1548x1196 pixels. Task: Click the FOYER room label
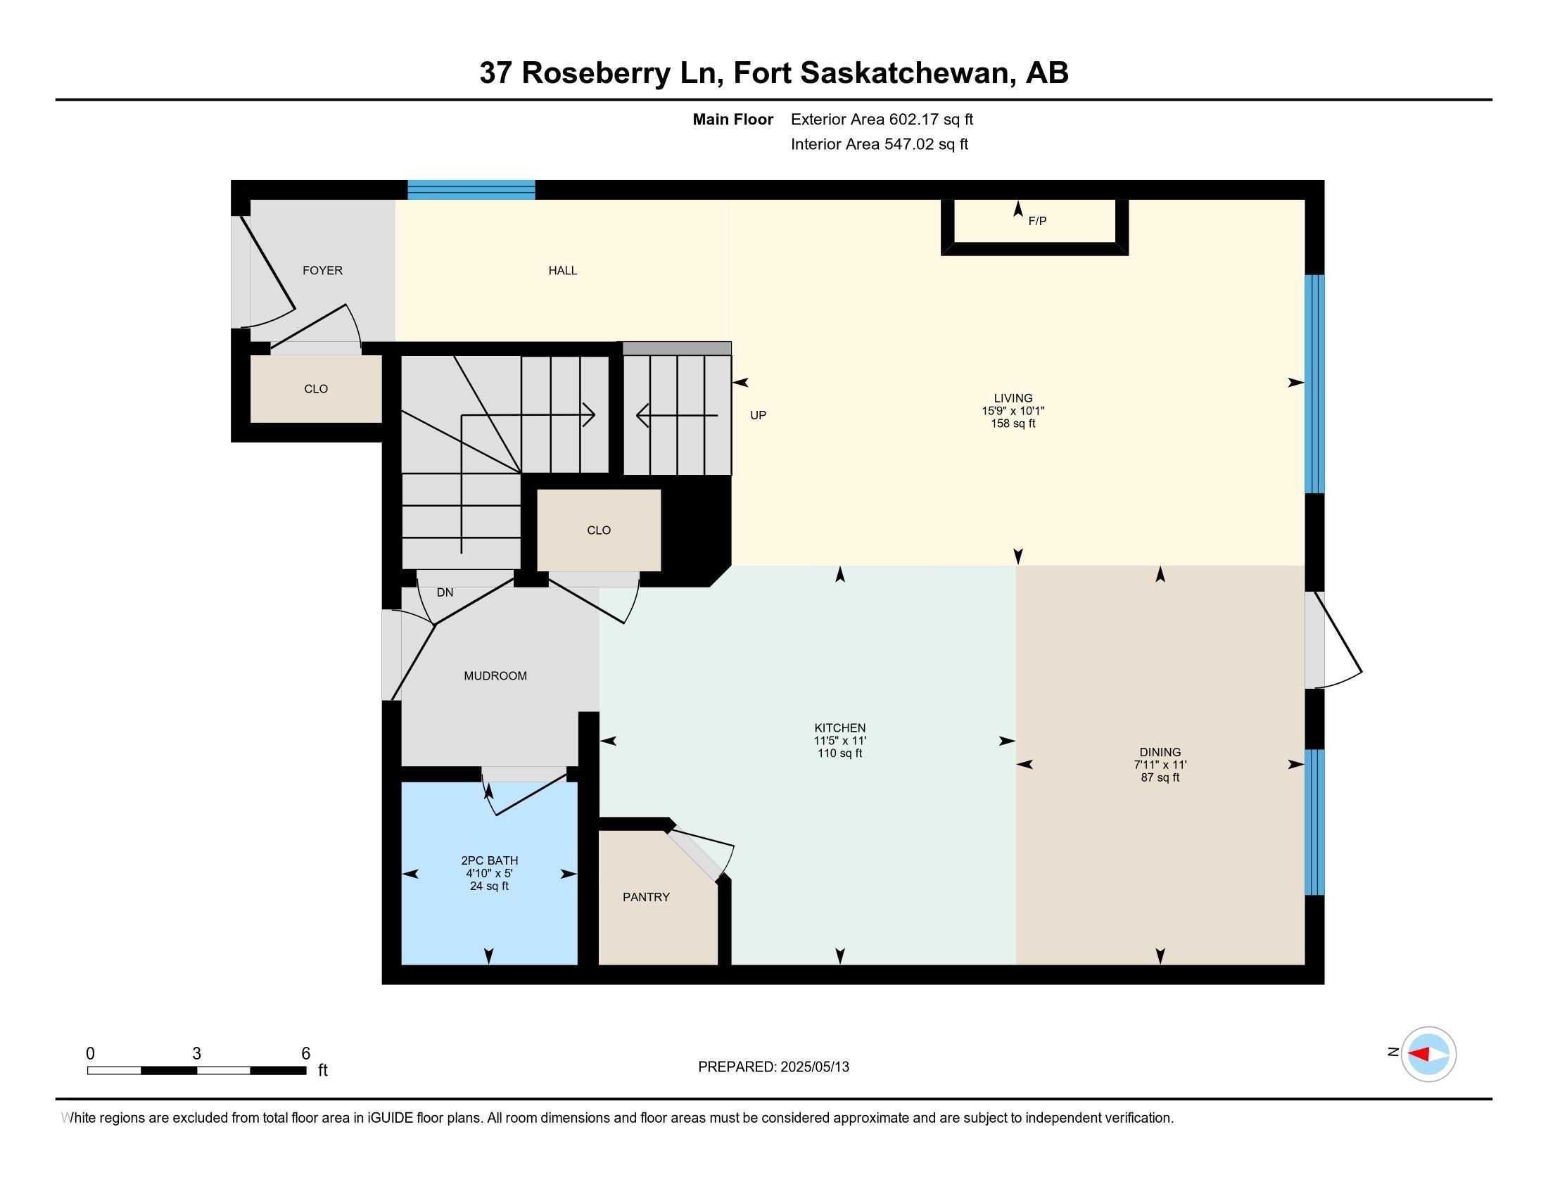(x=322, y=271)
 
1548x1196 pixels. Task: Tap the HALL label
(x=563, y=271)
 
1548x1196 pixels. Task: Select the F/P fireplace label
(x=1037, y=221)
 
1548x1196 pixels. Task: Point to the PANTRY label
(x=646, y=897)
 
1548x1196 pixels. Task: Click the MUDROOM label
(x=495, y=676)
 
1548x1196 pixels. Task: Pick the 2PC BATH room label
(x=489, y=861)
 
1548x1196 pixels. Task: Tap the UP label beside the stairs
(x=759, y=415)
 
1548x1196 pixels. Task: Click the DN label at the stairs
(x=445, y=592)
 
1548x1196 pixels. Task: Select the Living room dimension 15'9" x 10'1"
(x=1013, y=411)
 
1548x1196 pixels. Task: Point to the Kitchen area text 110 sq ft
(x=840, y=753)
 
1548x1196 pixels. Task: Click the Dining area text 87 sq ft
(x=1160, y=777)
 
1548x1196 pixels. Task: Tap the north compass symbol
(x=1428, y=1054)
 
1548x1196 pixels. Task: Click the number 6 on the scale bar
(x=305, y=1054)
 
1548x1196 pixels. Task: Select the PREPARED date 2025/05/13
(x=813, y=1067)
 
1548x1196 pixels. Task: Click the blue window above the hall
(x=471, y=190)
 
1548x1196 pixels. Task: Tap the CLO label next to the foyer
(x=316, y=389)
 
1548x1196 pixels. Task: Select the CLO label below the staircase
(x=599, y=530)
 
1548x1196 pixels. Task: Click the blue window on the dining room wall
(x=1315, y=822)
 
